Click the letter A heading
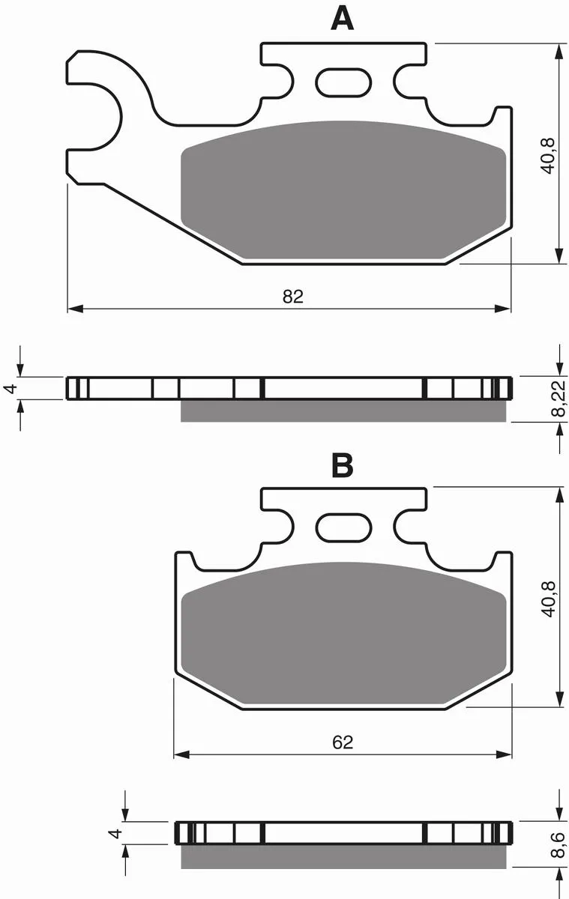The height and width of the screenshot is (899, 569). pos(343,19)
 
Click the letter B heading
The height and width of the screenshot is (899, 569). pos(343,465)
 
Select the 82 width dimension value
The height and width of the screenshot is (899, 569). pos(293,297)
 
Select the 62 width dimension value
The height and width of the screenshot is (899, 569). pos(343,742)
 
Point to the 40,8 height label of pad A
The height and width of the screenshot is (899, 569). pos(548,156)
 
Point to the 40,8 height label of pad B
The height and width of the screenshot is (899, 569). pos(548,599)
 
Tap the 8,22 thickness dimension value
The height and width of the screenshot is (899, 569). pos(559,399)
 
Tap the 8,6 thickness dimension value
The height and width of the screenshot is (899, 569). pos(559,845)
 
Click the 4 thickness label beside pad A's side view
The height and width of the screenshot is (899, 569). pos(11,388)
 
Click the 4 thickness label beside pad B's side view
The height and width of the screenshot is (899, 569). pos(115,834)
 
